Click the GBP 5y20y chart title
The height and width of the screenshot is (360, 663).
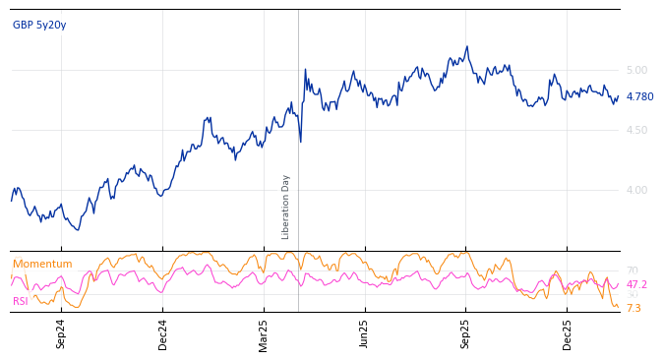(39, 25)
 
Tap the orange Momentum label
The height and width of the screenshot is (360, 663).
(42, 264)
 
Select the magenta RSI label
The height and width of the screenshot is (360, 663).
(21, 301)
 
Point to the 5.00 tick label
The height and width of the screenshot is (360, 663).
(636, 70)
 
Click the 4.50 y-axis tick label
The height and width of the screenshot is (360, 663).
(636, 130)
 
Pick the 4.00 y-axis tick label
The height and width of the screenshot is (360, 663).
(636, 190)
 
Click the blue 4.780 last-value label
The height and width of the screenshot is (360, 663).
(639, 96)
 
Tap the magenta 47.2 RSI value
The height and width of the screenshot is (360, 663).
(636, 284)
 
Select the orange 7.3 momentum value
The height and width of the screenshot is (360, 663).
(633, 308)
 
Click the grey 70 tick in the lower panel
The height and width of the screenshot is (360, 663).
(632, 270)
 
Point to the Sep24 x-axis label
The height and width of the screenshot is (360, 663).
(61, 333)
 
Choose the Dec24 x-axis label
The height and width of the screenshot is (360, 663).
(163, 333)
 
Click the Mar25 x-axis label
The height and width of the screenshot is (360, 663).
(264, 333)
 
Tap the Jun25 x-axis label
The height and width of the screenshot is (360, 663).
(364, 333)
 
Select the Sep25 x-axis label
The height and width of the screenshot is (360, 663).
(465, 333)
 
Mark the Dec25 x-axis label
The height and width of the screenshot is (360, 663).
(567, 333)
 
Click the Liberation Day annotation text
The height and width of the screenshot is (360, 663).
(286, 207)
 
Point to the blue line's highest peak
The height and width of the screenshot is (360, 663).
(467, 46)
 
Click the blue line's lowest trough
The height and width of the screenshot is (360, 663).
(78, 230)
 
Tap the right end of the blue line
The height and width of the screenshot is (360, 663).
(619, 95)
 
